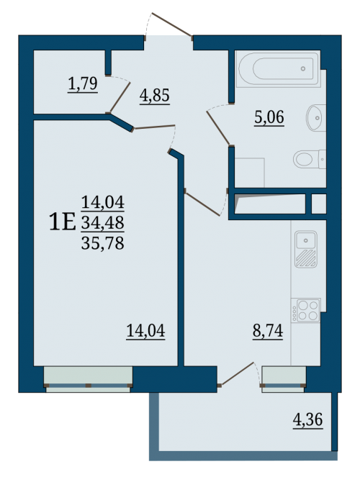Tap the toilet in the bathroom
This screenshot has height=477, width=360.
310,159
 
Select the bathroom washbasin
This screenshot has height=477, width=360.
316,118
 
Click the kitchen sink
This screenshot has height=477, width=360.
306,249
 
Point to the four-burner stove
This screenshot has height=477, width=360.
305,310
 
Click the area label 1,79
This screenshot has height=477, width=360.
83,83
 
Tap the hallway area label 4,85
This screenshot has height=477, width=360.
155,96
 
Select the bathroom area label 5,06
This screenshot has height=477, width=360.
269,117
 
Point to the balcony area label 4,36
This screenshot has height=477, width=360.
307,420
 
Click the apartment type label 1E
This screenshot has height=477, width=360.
62,222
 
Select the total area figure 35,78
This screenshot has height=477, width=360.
102,243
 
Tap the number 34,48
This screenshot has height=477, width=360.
102,222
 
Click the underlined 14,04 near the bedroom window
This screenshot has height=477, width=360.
145,330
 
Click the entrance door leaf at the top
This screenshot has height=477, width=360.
172,25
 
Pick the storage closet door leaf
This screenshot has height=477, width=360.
120,98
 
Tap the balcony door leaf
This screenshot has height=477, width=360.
237,374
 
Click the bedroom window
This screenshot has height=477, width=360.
88,379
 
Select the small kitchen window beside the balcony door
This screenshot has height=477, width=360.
284,379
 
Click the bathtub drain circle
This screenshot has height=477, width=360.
303,69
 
